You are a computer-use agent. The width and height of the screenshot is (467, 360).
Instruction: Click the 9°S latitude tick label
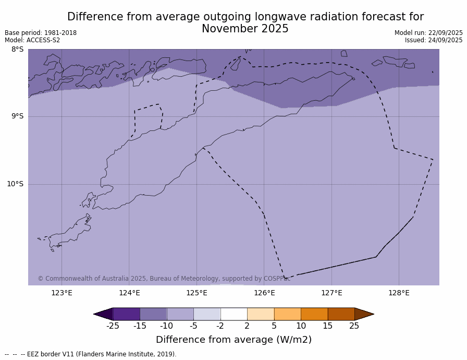coord(17,116)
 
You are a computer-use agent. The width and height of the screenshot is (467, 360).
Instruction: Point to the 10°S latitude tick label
coord(15,184)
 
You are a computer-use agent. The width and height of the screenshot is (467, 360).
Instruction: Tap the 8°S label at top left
coord(17,50)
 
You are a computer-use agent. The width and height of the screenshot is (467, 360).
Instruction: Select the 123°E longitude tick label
coord(62,293)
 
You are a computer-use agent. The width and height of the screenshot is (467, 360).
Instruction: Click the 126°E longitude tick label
coord(264,293)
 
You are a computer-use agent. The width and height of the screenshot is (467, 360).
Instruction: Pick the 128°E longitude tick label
coord(399,293)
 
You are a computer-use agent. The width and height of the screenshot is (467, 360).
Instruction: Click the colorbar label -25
coord(113,326)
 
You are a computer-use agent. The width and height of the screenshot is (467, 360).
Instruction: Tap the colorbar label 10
coord(301,326)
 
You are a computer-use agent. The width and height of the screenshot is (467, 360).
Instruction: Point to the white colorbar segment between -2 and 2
coord(233,314)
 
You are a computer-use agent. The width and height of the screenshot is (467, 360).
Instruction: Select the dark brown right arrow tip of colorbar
coord(364,314)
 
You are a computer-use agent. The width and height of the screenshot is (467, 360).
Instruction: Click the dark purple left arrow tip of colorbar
coord(103,314)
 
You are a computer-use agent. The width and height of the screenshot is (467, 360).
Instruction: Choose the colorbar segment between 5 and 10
coord(287,314)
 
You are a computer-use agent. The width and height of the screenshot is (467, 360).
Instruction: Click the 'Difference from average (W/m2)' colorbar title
coord(233,340)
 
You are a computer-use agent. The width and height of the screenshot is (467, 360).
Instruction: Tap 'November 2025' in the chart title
coord(245,29)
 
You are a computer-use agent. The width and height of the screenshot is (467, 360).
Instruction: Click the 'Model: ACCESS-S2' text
coord(32,40)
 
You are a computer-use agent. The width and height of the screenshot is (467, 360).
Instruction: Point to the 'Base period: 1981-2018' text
coord(41,33)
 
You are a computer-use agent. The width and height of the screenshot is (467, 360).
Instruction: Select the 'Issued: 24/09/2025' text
coord(434,40)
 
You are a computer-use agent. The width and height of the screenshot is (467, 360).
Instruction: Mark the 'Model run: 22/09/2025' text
coord(428,33)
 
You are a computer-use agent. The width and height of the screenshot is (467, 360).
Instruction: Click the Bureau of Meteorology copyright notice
coord(164,279)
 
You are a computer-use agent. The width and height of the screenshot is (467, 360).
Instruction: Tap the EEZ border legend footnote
coord(91,354)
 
